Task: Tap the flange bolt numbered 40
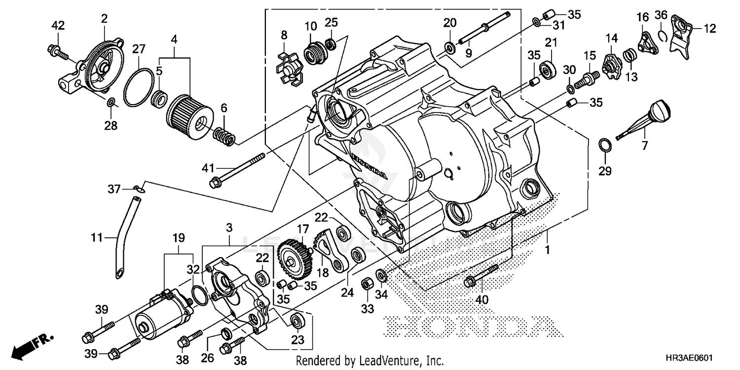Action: click(x=481, y=276)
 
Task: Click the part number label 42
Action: click(x=58, y=26)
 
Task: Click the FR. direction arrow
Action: click(x=33, y=346)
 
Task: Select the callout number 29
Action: click(x=605, y=171)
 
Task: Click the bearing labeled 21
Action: click(x=548, y=70)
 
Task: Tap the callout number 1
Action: click(x=547, y=251)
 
